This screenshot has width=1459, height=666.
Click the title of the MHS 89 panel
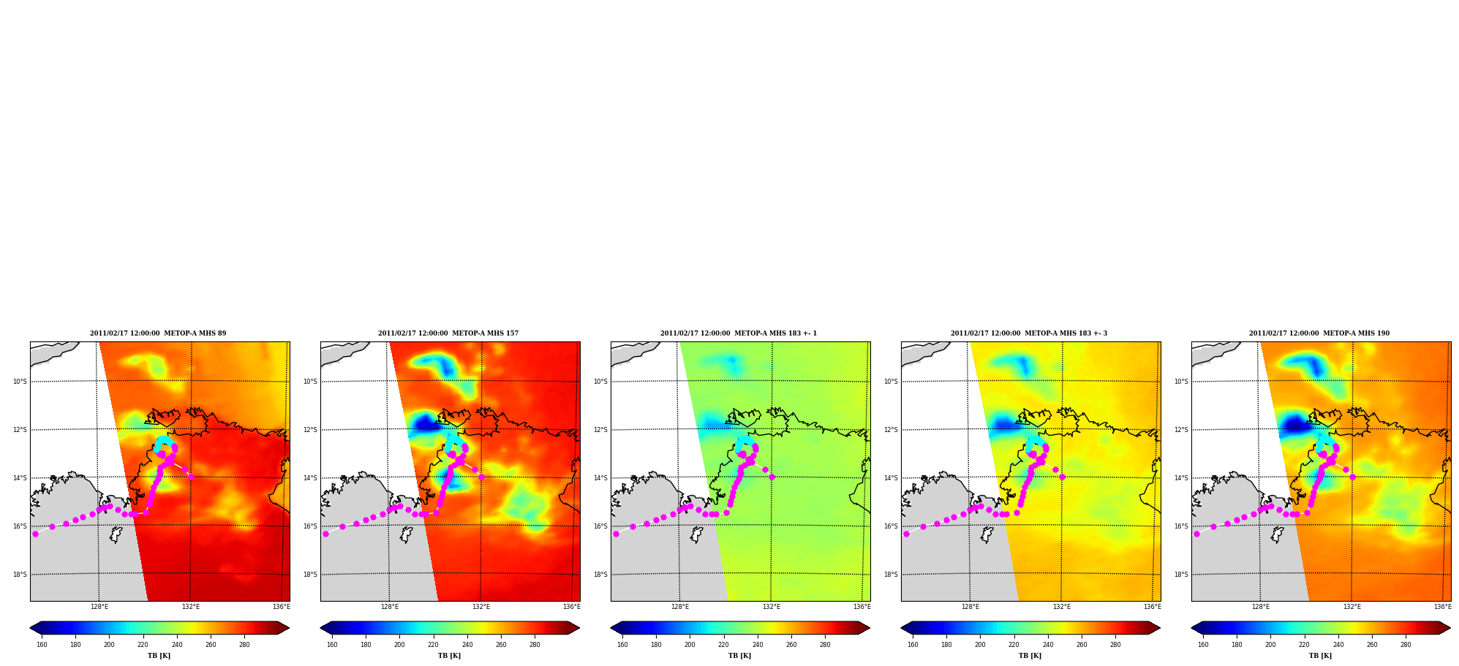point(158,333)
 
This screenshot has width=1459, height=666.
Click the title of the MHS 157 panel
point(448,333)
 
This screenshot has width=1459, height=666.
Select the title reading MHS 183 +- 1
point(739,333)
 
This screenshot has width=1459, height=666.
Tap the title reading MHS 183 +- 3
point(1029,333)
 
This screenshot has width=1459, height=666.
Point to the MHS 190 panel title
point(1319,333)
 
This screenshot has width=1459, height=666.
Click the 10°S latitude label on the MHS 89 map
point(20,382)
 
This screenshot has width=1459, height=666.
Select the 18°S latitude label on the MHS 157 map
point(310,575)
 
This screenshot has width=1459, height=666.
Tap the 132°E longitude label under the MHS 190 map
point(1351,607)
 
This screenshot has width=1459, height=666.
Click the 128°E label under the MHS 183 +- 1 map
point(680,607)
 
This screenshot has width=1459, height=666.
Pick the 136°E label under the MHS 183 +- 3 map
point(1153,607)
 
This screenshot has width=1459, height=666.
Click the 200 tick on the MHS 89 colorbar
point(109,645)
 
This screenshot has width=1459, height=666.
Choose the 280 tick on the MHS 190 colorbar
point(1406,645)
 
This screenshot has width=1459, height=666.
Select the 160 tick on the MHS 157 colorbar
point(332,645)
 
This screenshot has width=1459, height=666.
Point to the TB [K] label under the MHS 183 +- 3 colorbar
point(1030,656)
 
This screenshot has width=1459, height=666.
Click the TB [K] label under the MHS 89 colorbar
point(159,656)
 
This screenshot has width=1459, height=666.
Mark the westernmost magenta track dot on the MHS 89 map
point(35,534)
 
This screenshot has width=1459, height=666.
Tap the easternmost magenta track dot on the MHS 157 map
point(481,477)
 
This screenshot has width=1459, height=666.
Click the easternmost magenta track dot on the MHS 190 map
point(1352,477)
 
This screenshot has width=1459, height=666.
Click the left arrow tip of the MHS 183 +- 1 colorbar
point(611,628)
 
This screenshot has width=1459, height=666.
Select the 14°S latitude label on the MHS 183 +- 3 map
point(891,478)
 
